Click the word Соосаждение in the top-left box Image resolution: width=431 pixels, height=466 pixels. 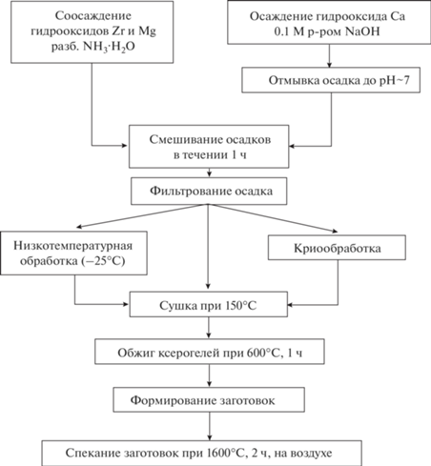[x=93, y=16]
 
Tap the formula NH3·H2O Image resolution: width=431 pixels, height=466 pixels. [x=109, y=47]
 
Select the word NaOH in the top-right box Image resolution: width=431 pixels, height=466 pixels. [x=362, y=31]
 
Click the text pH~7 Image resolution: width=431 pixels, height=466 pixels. [x=395, y=81]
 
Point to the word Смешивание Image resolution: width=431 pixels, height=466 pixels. [x=185, y=139]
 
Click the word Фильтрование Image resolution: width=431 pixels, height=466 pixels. [x=191, y=191]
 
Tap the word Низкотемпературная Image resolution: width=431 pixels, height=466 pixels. [x=72, y=246]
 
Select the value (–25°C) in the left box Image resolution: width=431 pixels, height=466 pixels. [x=103, y=261]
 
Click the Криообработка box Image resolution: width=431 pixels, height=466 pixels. [x=337, y=248]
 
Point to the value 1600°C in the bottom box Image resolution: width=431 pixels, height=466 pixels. [x=225, y=453]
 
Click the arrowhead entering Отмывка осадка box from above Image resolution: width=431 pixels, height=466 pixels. [x=330, y=65]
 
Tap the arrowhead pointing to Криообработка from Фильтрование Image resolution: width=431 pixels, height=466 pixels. [x=335, y=231]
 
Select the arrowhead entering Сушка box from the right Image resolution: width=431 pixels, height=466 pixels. [x=290, y=305]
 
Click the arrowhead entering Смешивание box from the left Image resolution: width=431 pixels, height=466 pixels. [x=125, y=146]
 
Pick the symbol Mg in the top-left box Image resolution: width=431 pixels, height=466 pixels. [x=148, y=31]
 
